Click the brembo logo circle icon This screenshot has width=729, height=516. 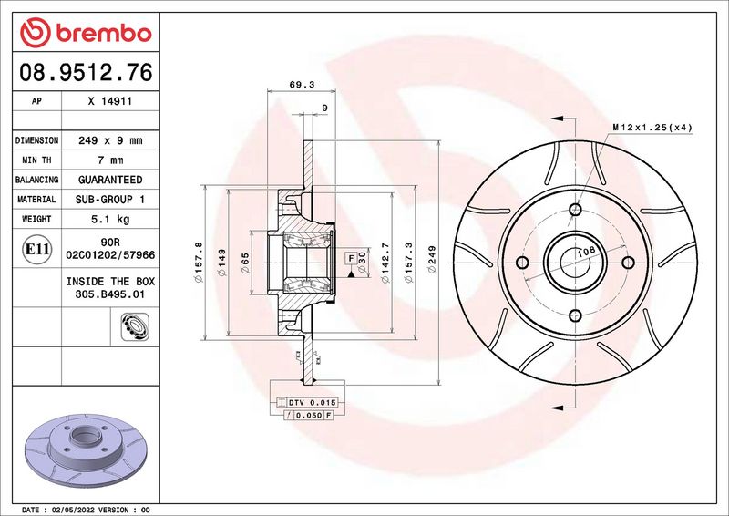point(35,33)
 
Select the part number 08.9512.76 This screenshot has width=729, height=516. point(86,73)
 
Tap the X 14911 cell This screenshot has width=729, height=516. point(110,101)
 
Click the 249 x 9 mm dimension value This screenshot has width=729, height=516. point(110,140)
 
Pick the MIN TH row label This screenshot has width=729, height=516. point(36,160)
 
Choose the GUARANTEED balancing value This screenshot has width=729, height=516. point(110,180)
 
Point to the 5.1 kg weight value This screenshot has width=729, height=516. point(110,219)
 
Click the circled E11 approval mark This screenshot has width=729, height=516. point(36,249)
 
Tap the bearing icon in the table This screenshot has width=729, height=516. point(135,326)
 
